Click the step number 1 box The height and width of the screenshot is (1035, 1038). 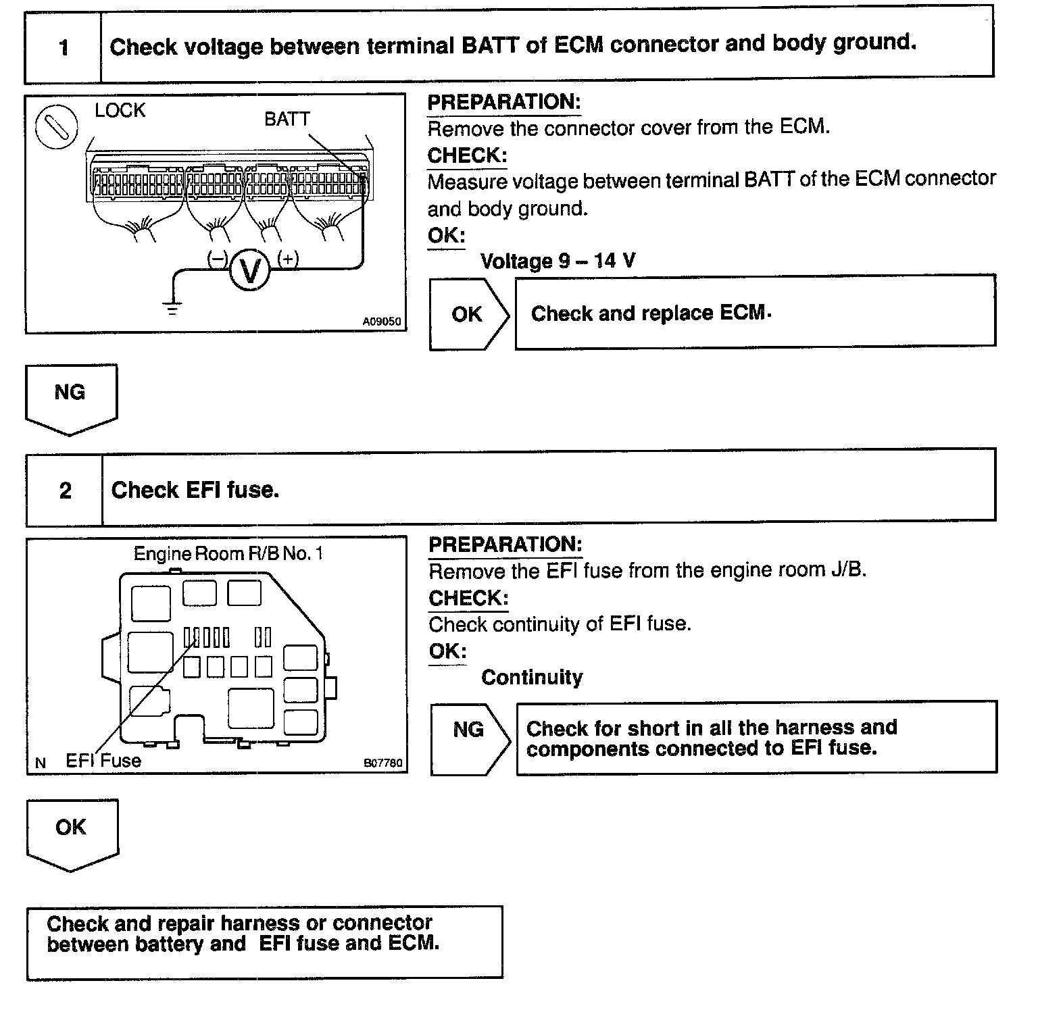[x=64, y=48]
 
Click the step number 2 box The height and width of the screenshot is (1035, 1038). [x=65, y=490]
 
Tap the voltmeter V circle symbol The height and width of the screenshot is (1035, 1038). [x=249, y=271]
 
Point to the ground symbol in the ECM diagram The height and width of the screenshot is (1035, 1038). [x=173, y=309]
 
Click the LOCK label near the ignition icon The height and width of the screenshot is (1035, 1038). [x=120, y=110]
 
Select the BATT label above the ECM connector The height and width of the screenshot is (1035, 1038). [x=287, y=119]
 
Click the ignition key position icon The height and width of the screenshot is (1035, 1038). [x=57, y=128]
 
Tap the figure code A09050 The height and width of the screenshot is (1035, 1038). [x=382, y=322]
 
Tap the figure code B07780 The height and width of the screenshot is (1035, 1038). [x=383, y=763]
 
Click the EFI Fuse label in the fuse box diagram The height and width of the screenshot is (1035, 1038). [x=103, y=761]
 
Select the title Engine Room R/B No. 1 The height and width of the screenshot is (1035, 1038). [x=228, y=554]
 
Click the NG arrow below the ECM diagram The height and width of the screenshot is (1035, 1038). [x=70, y=397]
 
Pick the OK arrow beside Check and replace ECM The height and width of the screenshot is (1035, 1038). [x=468, y=314]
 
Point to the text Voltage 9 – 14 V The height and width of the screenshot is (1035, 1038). [x=558, y=261]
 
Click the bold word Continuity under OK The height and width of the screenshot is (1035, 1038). [x=532, y=677]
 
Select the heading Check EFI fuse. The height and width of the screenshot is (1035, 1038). [x=195, y=490]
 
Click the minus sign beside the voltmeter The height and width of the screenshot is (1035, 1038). [x=218, y=259]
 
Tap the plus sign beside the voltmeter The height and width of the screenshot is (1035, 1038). [x=288, y=259]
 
